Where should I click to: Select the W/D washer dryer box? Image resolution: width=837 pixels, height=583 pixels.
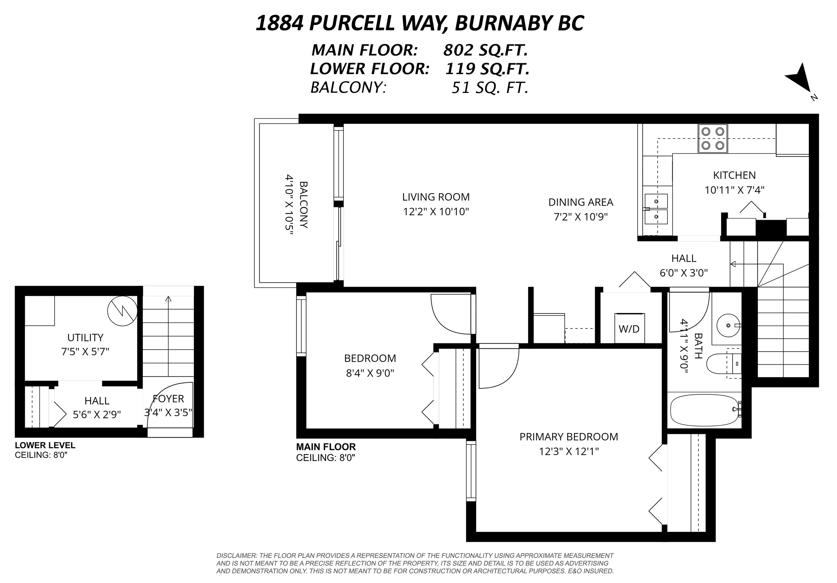click(629, 328)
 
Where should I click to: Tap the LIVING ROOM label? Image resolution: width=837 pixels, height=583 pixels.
click(436, 197)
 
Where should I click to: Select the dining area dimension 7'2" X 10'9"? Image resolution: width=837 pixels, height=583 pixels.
click(580, 217)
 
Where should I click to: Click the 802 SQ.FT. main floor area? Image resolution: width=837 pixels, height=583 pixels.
click(485, 50)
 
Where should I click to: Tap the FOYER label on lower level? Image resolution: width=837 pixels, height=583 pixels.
click(168, 398)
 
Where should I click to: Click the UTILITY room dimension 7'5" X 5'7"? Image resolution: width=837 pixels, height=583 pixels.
click(85, 352)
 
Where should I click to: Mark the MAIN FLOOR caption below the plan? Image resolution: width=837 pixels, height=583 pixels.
click(326, 447)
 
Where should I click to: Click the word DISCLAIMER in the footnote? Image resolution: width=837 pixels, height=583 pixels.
click(236, 556)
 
